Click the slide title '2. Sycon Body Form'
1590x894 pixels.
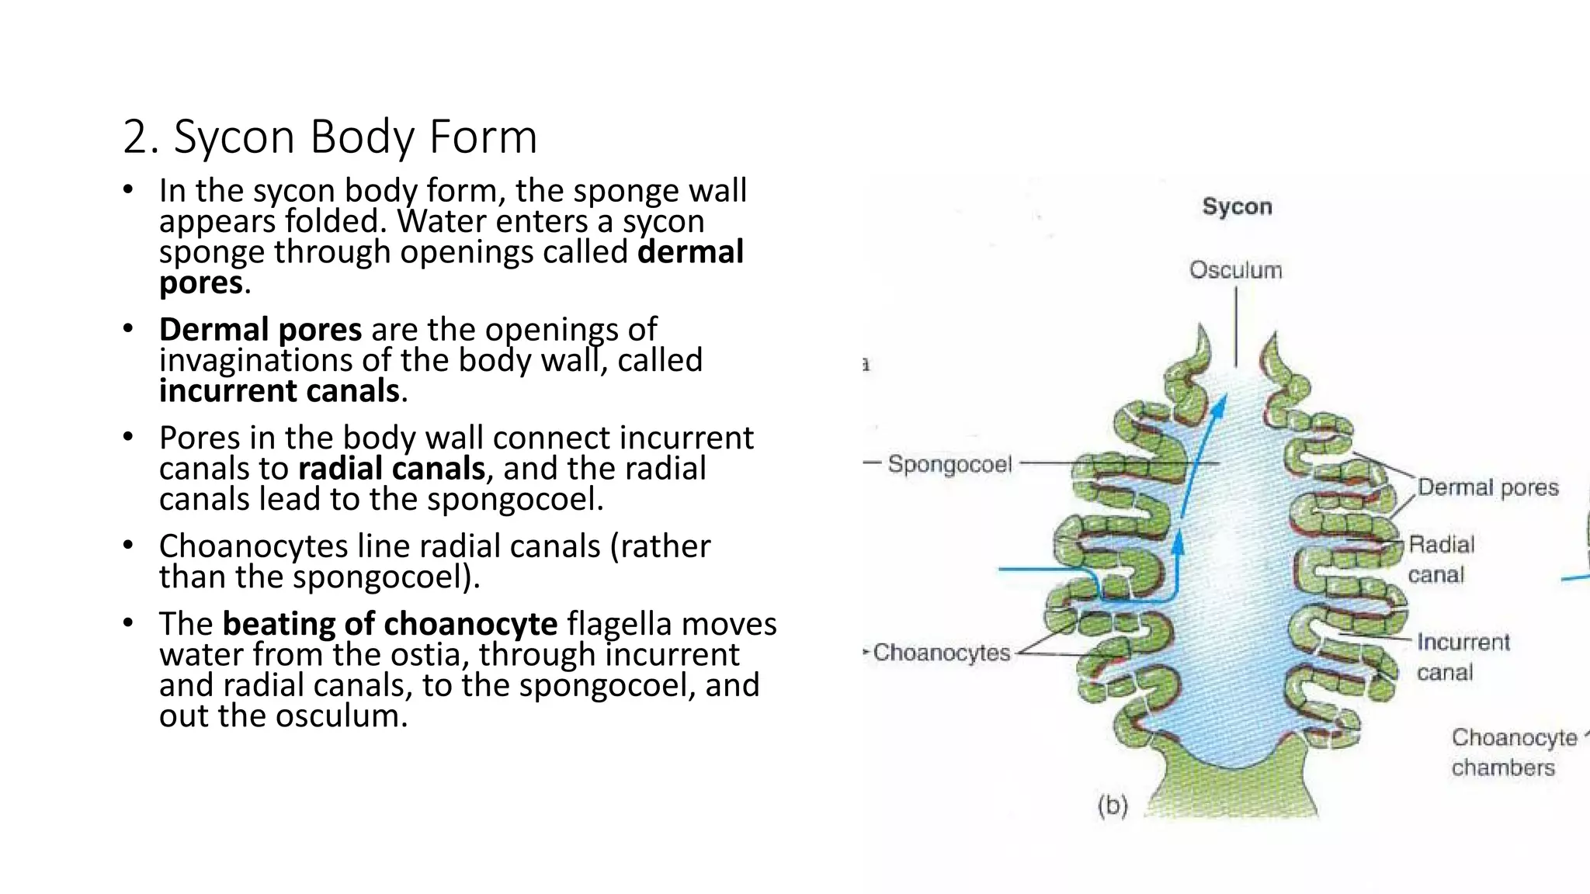click(330, 137)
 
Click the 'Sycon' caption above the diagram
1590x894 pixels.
click(1237, 206)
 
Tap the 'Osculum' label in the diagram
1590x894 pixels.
click(1235, 270)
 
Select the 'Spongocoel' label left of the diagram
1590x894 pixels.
click(949, 464)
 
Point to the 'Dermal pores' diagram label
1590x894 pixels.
click(1488, 487)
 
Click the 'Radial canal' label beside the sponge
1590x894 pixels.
click(1440, 559)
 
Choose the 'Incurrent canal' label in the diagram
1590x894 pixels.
click(1463, 657)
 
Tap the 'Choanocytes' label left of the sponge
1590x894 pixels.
click(941, 653)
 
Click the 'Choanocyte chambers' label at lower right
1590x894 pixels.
click(1513, 752)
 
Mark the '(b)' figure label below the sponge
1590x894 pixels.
click(1112, 806)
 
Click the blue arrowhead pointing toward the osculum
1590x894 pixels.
click(1220, 406)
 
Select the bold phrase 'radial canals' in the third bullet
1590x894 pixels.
click(391, 469)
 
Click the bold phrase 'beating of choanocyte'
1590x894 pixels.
click(390, 624)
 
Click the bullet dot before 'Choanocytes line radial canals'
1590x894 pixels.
click(128, 545)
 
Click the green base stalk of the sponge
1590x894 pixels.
click(1231, 784)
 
